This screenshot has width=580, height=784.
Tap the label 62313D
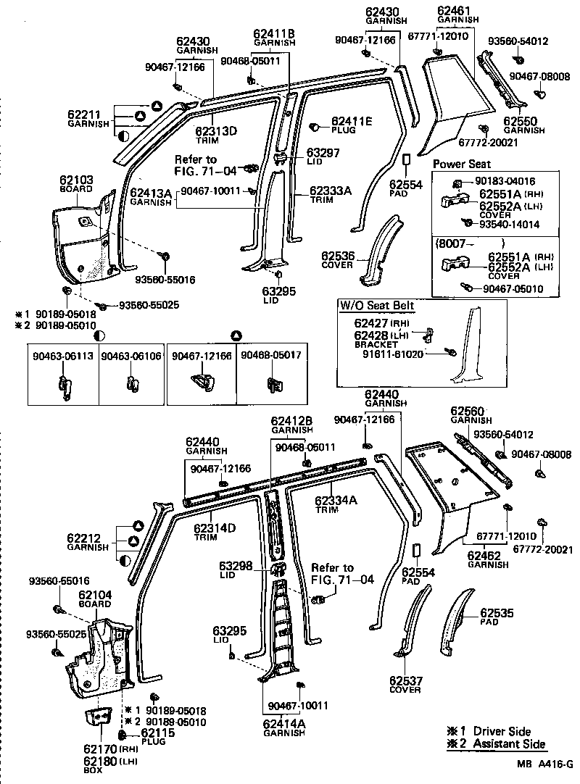(x=216, y=130)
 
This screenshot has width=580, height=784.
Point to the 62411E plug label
(x=352, y=122)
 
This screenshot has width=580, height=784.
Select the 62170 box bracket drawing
(x=96, y=720)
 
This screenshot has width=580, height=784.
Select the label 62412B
(x=291, y=420)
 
